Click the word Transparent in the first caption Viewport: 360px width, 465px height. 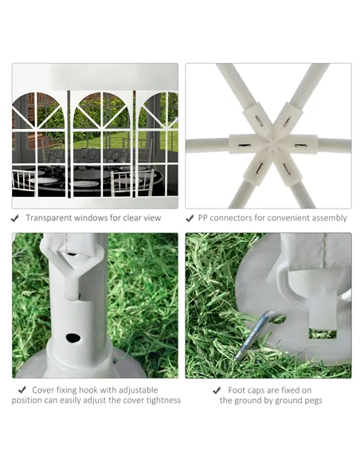(49, 218)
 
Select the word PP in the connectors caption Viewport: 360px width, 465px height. (202, 218)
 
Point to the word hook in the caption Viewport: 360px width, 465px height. (108, 390)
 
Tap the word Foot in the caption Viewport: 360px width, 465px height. (236, 390)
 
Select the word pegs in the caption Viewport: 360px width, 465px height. (313, 401)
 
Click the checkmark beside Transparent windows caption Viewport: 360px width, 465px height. (14, 218)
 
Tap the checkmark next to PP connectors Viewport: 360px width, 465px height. (190, 218)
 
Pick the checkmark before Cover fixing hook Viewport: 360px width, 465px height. (22, 389)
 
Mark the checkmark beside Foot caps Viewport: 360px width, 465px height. (217, 390)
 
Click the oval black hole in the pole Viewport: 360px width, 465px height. (73, 338)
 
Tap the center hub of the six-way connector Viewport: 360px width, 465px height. (273, 145)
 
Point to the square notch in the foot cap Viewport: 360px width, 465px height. (323, 334)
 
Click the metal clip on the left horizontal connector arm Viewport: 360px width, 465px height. (245, 145)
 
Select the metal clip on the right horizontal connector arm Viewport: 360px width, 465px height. (300, 145)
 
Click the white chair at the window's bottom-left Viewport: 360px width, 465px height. (25, 182)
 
